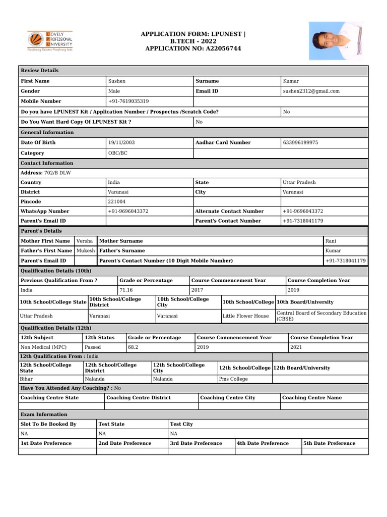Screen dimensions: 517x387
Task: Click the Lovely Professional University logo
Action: [49, 41]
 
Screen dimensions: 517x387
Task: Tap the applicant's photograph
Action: [336, 41]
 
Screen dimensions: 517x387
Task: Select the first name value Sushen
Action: [117, 81]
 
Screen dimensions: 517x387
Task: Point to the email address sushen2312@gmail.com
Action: [311, 91]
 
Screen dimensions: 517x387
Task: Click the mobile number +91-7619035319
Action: [128, 101]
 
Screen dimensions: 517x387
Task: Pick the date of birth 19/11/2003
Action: [121, 142]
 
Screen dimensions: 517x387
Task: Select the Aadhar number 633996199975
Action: [301, 142]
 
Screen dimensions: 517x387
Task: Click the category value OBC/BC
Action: [118, 153]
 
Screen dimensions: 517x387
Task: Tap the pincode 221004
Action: [117, 201]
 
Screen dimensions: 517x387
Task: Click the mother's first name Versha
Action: [84, 241]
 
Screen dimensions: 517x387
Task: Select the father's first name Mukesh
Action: [85, 250]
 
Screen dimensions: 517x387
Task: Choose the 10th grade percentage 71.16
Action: [126, 290]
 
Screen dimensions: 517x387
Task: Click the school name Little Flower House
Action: [246, 316]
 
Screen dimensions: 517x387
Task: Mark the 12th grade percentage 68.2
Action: [133, 347]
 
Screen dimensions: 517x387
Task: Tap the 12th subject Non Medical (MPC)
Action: [43, 347]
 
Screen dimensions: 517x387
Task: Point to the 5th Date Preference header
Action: [329, 443]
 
